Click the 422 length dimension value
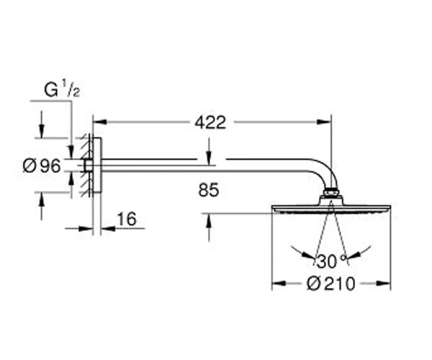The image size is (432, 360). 210,122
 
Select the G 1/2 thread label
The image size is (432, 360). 62,89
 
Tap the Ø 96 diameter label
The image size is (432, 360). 42,166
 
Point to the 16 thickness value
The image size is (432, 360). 127,219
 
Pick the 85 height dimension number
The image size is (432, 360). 209,190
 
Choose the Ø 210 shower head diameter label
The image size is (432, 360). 331,284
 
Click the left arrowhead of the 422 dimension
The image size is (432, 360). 100,122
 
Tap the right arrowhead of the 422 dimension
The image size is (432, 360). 324,122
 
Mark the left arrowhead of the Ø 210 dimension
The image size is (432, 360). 279,283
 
